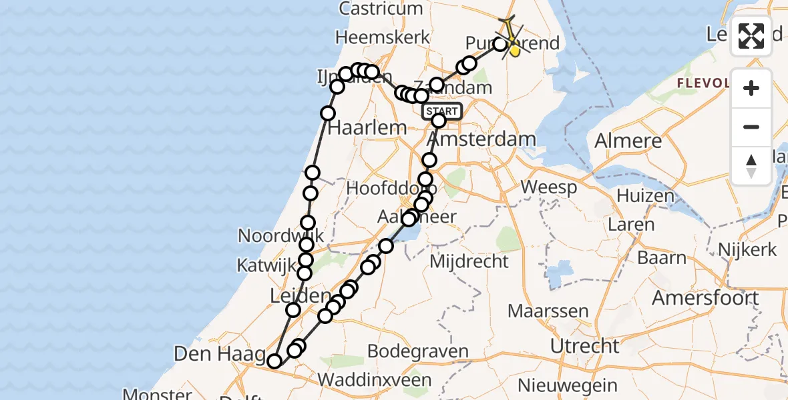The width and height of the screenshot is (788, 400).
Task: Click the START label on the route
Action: point(442,111)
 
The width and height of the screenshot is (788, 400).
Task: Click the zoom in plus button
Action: point(751,88)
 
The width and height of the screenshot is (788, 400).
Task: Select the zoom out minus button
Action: point(751,127)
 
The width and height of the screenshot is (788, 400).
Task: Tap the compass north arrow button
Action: point(751,165)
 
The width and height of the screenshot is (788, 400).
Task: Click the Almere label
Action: point(629,141)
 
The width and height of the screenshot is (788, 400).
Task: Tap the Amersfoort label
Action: point(705,297)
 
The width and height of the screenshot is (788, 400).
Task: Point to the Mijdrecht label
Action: point(469,261)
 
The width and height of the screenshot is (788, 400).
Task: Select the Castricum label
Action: point(381,9)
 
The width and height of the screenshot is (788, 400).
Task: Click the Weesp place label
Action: point(549,187)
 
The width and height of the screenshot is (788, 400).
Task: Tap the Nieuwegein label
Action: point(568,385)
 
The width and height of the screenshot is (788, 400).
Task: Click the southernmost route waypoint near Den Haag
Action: point(274,361)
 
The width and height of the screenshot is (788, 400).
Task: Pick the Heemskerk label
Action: point(383,37)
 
